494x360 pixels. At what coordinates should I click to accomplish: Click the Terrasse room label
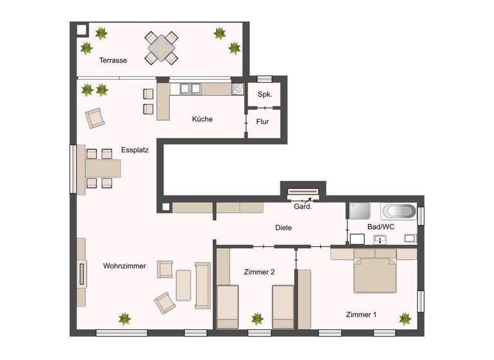pos(113,60)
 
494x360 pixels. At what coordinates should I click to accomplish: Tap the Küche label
pos(202,119)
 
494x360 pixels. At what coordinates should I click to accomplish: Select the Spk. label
pos(264,94)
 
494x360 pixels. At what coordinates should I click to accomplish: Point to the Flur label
pos(262,121)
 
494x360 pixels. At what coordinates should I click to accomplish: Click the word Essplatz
pos(135,150)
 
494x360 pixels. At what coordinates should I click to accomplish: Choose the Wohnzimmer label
pos(124,265)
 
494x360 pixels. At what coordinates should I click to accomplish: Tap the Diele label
pos(283,228)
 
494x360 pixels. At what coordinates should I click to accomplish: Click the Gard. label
pos(303,206)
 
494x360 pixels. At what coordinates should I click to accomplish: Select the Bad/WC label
pos(381,228)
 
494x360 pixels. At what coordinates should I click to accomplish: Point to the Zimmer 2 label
pos(259,272)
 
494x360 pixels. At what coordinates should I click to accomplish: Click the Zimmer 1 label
pos(361,314)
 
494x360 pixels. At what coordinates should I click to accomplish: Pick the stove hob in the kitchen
pos(237,89)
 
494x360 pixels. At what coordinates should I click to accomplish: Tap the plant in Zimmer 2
pos(257,318)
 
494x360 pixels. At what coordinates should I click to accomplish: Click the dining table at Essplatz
pos(103,168)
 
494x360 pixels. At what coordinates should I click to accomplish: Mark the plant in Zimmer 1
pos(405,318)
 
